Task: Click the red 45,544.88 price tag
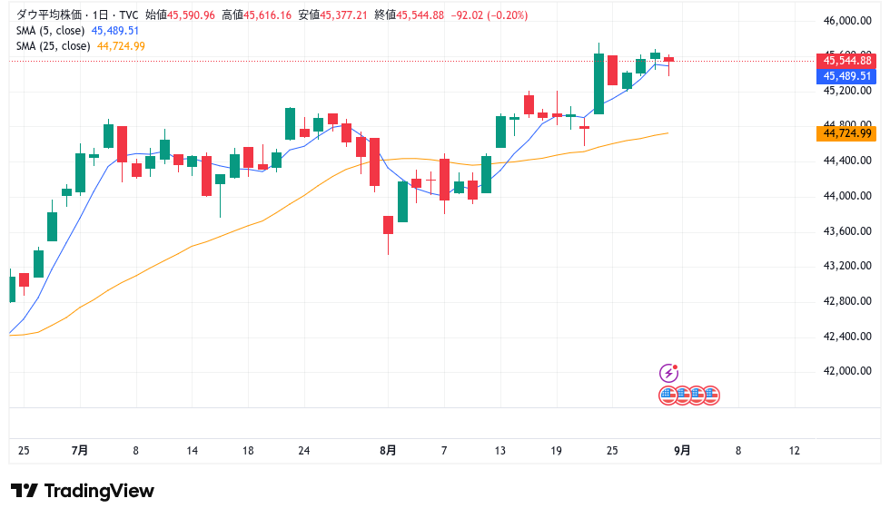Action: (x=847, y=61)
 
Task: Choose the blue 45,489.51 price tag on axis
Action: (x=847, y=76)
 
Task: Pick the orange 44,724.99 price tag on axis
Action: (x=847, y=133)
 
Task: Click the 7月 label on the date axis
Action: (x=79, y=451)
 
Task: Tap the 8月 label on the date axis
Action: (x=388, y=451)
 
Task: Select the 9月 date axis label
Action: (x=682, y=451)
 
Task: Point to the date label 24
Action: (x=304, y=451)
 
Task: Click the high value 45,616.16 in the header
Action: (x=266, y=15)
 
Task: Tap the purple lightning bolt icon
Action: (x=668, y=373)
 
